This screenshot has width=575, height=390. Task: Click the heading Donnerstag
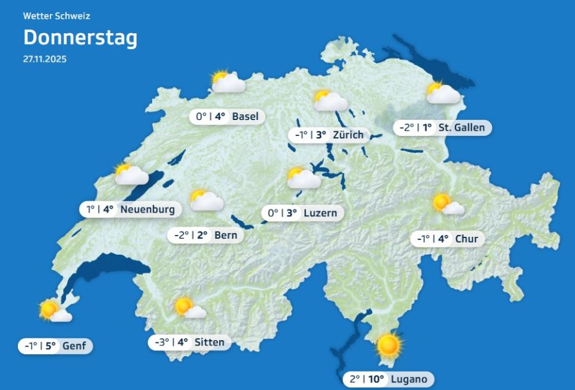[x=80, y=38]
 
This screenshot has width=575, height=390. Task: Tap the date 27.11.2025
[x=45, y=59]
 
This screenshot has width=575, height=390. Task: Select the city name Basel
[x=245, y=116]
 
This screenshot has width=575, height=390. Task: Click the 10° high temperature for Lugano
[x=377, y=379]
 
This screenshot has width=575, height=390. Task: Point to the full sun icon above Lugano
[x=388, y=345]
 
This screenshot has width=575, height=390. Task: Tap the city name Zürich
[x=348, y=135]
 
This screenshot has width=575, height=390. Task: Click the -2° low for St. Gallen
[x=407, y=127]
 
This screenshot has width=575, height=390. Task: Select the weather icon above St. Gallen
[x=443, y=94]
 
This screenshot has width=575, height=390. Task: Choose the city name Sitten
[x=210, y=342]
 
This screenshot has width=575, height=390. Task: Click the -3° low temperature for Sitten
[x=162, y=342]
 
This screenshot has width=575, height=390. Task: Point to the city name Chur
[x=466, y=239]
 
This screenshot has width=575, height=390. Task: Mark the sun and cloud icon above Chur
[x=448, y=204]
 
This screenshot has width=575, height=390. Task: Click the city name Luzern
[x=320, y=213]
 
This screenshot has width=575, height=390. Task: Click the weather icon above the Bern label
[x=206, y=200]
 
